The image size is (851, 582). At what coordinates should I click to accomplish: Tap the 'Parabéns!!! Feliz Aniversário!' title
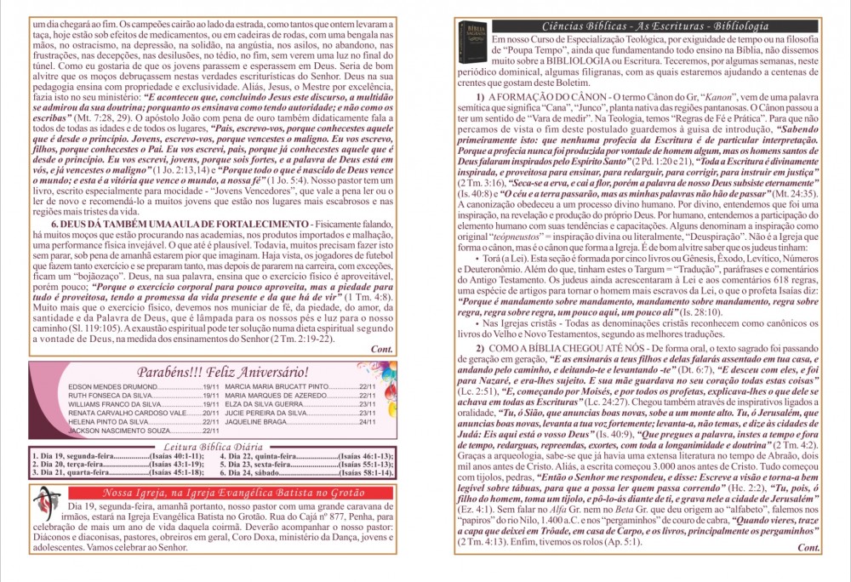coord(223,371)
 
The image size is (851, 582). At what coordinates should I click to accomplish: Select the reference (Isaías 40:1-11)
coord(177,455)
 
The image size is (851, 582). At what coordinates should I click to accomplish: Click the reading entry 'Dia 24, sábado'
coord(256,471)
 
